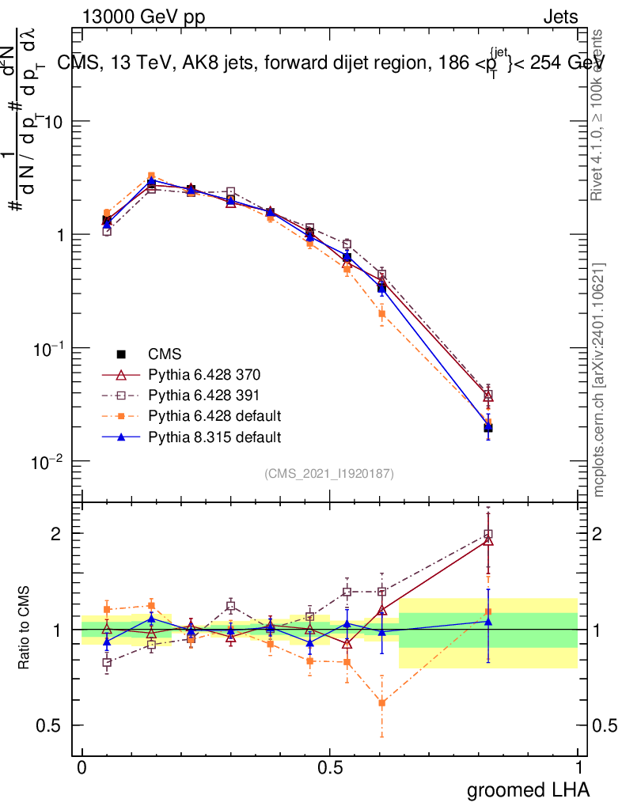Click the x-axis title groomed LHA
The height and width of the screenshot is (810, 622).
point(528,789)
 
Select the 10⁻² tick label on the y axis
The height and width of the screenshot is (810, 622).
point(47,462)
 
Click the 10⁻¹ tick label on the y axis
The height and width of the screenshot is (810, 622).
point(47,349)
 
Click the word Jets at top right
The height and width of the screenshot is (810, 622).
point(559,16)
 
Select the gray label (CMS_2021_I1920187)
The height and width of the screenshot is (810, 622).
point(329,473)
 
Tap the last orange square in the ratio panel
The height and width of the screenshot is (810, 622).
point(488,611)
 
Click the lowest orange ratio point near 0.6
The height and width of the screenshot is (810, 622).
point(382,702)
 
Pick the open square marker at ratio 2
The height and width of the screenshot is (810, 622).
point(488,534)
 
